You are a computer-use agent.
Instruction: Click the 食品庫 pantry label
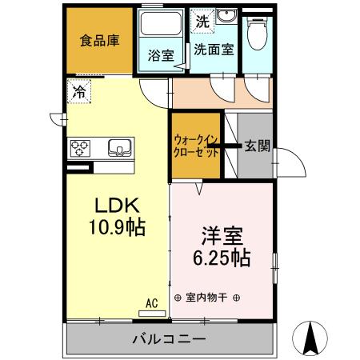click(99, 41)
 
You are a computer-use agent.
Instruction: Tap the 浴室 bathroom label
click(161, 55)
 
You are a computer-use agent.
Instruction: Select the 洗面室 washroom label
click(214, 49)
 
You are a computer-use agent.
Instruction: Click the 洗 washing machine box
click(202, 22)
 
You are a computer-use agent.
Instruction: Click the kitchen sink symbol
click(119, 147)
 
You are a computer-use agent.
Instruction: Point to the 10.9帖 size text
click(116, 228)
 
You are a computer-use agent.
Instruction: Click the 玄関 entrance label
click(257, 146)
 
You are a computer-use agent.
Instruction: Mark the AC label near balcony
click(152, 303)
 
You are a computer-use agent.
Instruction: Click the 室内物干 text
click(206, 298)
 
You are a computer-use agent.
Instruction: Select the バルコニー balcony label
click(169, 340)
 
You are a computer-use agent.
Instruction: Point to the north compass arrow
click(313, 340)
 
